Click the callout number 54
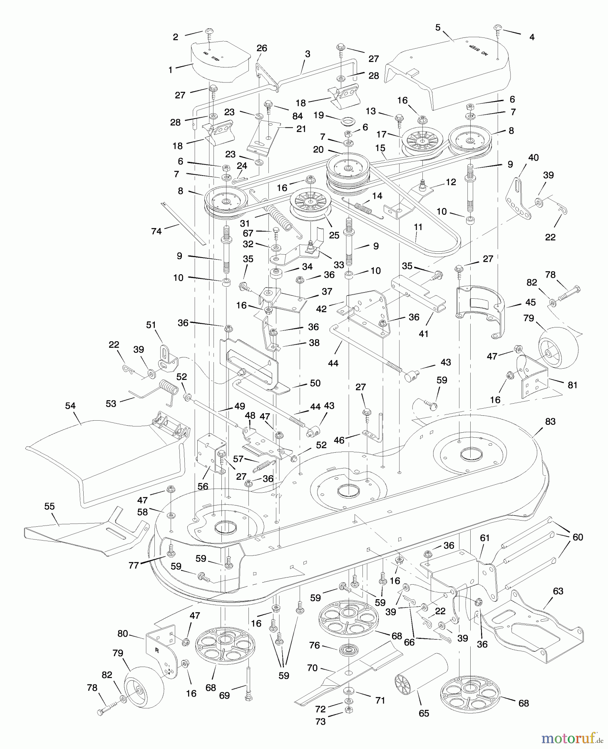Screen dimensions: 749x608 tap(70, 405)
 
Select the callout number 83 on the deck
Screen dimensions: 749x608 tap(550, 422)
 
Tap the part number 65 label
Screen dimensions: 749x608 tap(424, 713)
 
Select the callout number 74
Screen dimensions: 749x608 tap(156, 231)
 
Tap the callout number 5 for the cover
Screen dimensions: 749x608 tap(438, 27)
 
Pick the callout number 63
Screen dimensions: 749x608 tap(558, 591)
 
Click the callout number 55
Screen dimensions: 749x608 tap(50, 506)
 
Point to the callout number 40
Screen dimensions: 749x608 tap(533, 158)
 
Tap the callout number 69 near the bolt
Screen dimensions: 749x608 tap(224, 695)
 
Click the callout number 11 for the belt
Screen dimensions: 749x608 tap(418, 227)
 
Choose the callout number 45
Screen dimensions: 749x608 tap(530, 302)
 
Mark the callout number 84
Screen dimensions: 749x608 tap(297, 116)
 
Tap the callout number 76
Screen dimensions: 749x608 tap(314, 645)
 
